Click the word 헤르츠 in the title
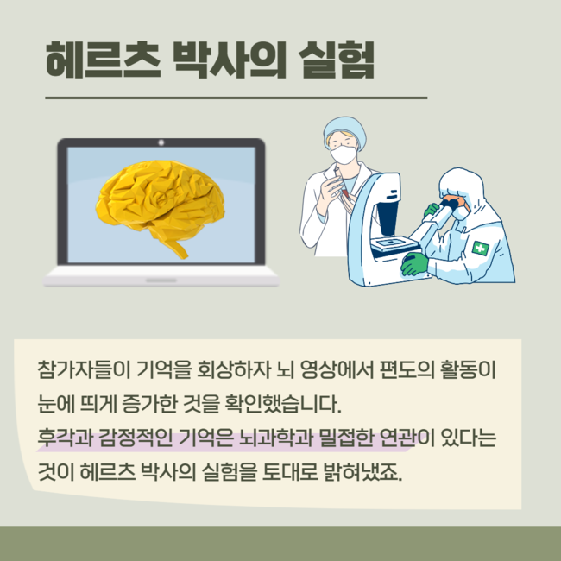point(103,60)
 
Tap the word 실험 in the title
point(336,60)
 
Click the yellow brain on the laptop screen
point(160,206)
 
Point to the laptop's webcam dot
point(161,142)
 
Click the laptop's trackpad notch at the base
point(161,280)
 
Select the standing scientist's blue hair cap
point(345,129)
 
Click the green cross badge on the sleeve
point(480,248)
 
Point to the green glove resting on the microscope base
point(414,264)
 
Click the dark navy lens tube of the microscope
point(388,217)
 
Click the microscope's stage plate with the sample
point(394,244)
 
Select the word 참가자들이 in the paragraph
point(84,369)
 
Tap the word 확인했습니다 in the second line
point(282,404)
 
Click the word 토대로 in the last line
point(290,472)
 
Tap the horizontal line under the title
point(236,98)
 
